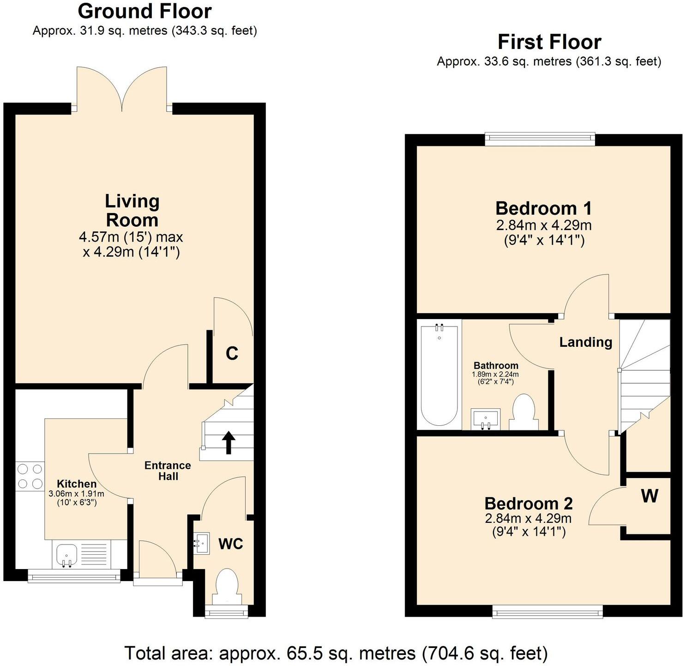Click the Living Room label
point(132,211)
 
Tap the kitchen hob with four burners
point(30,477)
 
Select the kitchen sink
point(66,555)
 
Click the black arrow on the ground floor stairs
point(228,442)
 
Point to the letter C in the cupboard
point(232,354)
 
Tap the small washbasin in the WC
point(202,544)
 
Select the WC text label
point(230,544)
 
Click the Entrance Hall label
point(168,471)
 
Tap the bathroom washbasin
point(485,418)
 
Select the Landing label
point(585,342)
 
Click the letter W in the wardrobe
point(650,496)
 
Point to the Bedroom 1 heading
point(543,209)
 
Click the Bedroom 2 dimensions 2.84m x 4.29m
point(528,518)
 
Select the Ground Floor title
point(144,11)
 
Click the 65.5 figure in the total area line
point(302,654)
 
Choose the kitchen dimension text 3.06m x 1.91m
point(77,494)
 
